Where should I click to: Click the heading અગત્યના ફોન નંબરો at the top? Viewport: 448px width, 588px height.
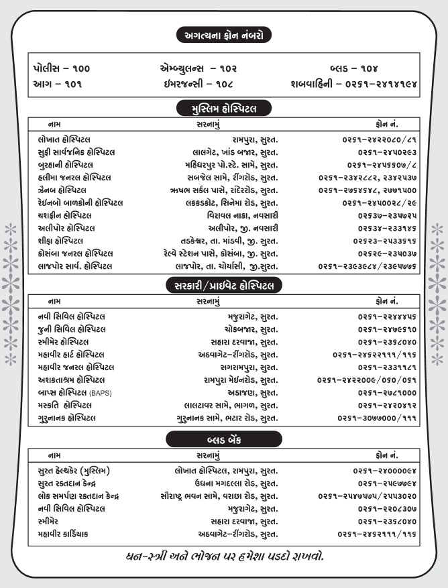[x=224, y=33]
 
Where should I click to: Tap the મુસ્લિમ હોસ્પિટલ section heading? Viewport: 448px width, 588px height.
[x=224, y=108]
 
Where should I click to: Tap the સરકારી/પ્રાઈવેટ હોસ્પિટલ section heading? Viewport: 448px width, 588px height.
[x=224, y=286]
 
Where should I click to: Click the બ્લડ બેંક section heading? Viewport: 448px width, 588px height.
[x=224, y=439]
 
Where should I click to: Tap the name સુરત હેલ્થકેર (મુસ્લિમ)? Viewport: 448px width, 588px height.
[x=75, y=469]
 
